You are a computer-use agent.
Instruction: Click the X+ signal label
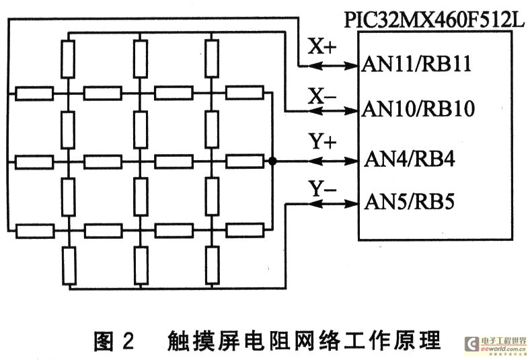point(321,47)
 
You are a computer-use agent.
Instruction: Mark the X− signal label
point(321,96)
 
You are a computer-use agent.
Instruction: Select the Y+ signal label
point(322,143)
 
